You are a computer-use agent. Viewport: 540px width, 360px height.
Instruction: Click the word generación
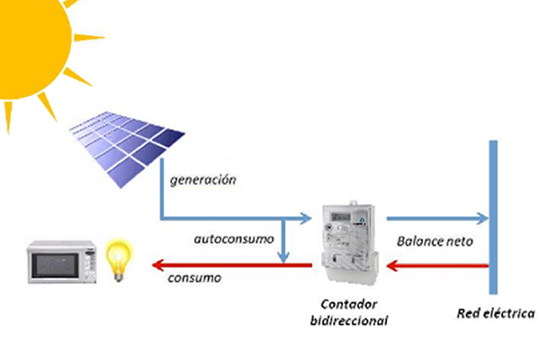pyautogui.click(x=202, y=180)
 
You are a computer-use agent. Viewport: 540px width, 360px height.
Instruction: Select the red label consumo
pyautogui.click(x=193, y=278)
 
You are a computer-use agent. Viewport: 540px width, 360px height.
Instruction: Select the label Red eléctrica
pyautogui.click(x=495, y=314)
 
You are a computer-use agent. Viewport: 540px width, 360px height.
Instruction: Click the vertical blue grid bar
pyautogui.click(x=492, y=216)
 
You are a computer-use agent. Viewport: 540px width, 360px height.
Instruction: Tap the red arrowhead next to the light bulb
pyautogui.click(x=157, y=264)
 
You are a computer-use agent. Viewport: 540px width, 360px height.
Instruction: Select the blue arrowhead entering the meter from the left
pyautogui.click(x=303, y=219)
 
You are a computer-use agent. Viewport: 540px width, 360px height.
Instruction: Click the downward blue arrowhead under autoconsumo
pyautogui.click(x=285, y=256)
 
